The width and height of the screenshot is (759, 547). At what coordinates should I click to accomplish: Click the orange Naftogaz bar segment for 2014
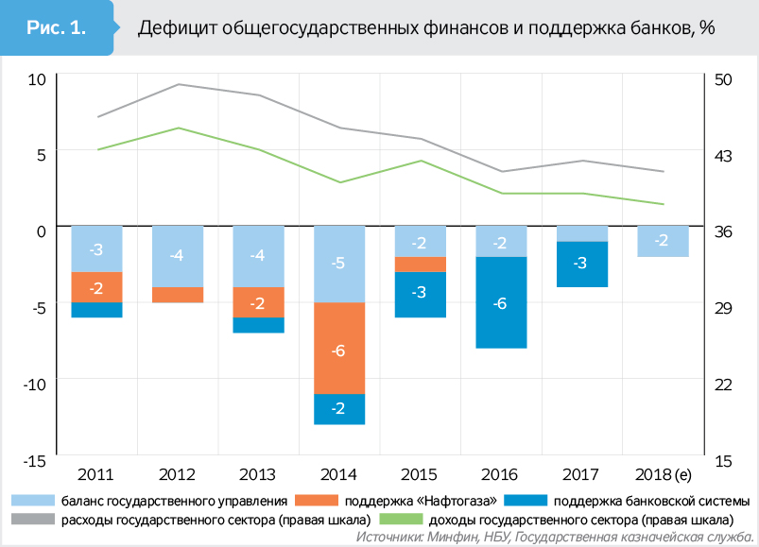[x=339, y=348]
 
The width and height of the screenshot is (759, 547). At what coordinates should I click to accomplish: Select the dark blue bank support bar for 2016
[x=500, y=302]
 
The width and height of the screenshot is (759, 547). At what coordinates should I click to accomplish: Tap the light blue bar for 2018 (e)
[x=662, y=241]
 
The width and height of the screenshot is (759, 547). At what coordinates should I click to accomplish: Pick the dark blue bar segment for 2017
[x=581, y=264]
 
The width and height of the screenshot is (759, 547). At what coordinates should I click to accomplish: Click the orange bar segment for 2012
[x=178, y=295]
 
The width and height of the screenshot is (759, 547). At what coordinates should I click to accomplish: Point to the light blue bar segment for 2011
[x=96, y=248]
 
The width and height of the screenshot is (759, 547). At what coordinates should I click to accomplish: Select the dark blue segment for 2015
[x=420, y=294]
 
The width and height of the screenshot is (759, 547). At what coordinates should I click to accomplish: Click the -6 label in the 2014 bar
[x=339, y=350]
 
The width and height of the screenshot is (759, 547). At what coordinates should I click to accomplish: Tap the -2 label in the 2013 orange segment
[x=258, y=303]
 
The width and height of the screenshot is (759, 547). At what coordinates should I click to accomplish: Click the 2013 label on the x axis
[x=258, y=473]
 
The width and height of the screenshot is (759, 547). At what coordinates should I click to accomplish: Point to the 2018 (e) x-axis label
[x=662, y=473]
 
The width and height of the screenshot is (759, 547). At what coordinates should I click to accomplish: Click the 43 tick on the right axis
[x=721, y=154]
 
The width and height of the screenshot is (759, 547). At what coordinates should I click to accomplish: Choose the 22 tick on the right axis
[x=721, y=384]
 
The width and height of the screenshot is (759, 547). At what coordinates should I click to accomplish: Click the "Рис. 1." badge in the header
[x=57, y=28]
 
